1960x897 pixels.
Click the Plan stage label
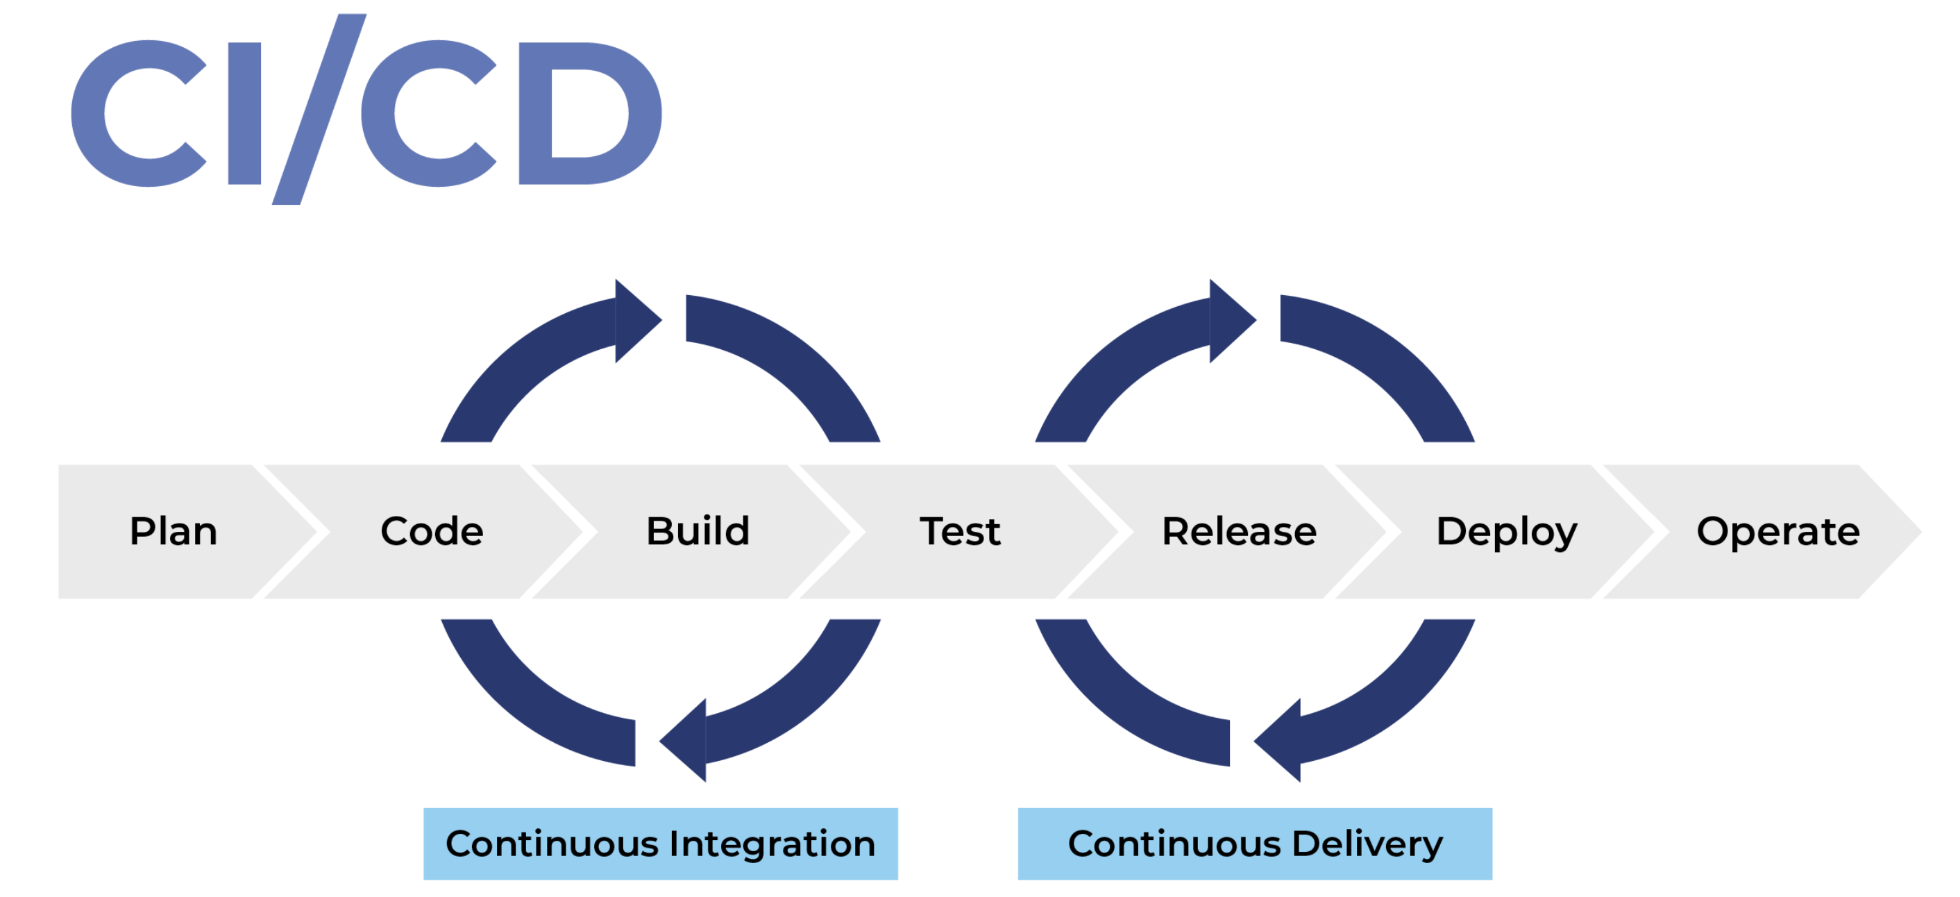pyautogui.click(x=174, y=531)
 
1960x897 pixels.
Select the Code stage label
pyautogui.click(x=432, y=531)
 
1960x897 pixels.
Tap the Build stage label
pyautogui.click(x=698, y=531)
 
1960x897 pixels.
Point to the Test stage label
pyautogui.click(x=959, y=531)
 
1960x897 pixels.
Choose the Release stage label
pyautogui.click(x=1239, y=531)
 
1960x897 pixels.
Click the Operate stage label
pyautogui.click(x=1777, y=532)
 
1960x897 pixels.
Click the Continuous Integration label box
pyautogui.click(x=661, y=844)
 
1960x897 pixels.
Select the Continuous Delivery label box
pyautogui.click(x=1255, y=844)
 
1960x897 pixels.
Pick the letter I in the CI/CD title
pyautogui.click(x=244, y=113)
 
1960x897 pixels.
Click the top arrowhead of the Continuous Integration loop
pyautogui.click(x=636, y=320)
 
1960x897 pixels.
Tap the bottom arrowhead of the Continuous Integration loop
pyautogui.click(x=686, y=740)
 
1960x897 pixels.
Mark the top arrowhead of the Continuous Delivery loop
pyautogui.click(x=1231, y=320)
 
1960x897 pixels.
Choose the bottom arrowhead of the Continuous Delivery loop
pyautogui.click(x=1280, y=740)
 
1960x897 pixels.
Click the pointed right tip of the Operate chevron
pyautogui.click(x=1914, y=532)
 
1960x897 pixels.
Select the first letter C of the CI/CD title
pyautogui.click(x=137, y=113)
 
